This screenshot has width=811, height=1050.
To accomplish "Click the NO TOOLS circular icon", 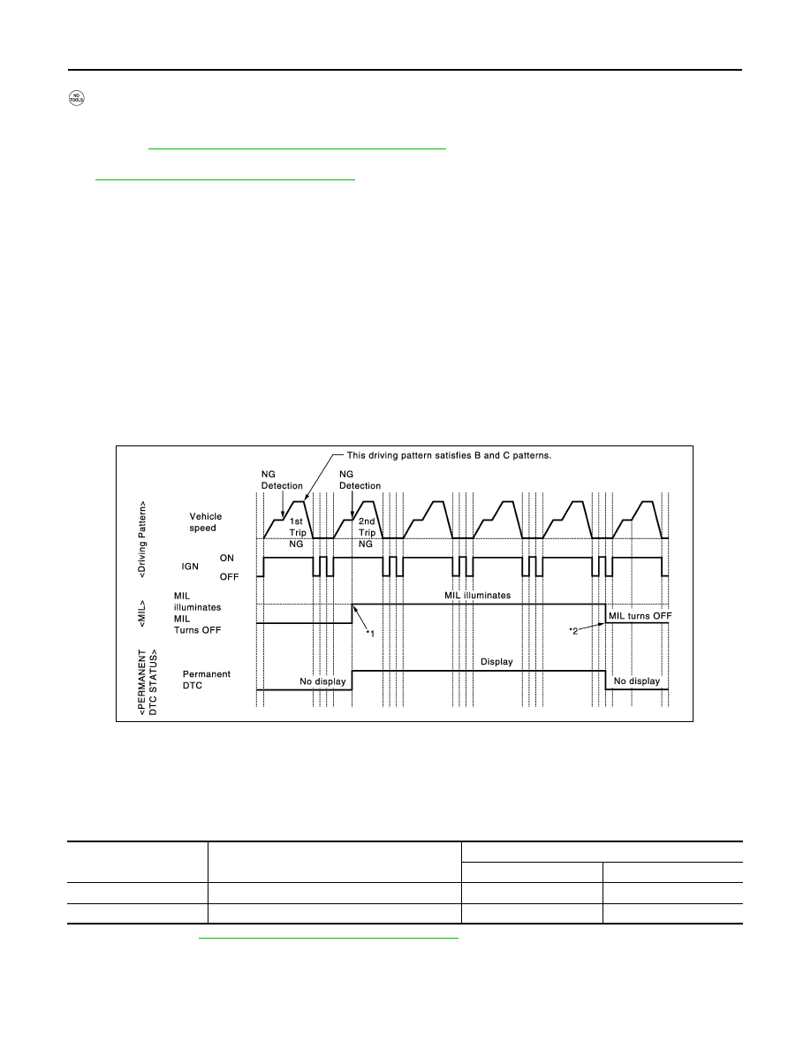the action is tap(77, 98).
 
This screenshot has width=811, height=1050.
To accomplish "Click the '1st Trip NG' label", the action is tap(297, 532).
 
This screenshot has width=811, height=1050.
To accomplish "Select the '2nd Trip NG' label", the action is tap(367, 532).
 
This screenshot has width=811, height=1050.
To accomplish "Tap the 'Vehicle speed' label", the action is tap(205, 522).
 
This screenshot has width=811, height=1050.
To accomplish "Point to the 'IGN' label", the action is tap(190, 567).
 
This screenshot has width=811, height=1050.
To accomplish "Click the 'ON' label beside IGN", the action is tap(227, 558).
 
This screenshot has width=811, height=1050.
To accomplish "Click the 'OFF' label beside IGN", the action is tap(229, 576).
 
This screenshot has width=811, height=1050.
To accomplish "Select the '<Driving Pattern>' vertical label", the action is tap(142, 539).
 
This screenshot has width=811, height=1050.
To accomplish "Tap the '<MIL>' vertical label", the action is tap(142, 613).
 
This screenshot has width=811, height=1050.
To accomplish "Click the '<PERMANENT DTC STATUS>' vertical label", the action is tap(148, 681).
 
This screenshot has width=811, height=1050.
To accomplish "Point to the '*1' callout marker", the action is tap(370, 634).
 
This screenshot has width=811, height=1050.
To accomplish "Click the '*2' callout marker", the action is tap(573, 631).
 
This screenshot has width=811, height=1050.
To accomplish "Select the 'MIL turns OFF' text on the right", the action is tap(640, 616).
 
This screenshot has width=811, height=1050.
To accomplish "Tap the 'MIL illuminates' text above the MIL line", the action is tap(478, 596).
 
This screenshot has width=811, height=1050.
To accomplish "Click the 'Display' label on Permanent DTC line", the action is tap(496, 662).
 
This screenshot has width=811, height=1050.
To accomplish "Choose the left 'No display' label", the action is tap(322, 681).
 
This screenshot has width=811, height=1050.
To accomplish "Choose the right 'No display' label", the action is tap(637, 681).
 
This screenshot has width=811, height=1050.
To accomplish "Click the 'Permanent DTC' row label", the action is tap(206, 680).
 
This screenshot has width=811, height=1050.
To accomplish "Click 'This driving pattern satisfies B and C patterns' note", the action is tap(449, 455).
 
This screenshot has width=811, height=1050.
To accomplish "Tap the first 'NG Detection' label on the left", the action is tap(282, 480).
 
